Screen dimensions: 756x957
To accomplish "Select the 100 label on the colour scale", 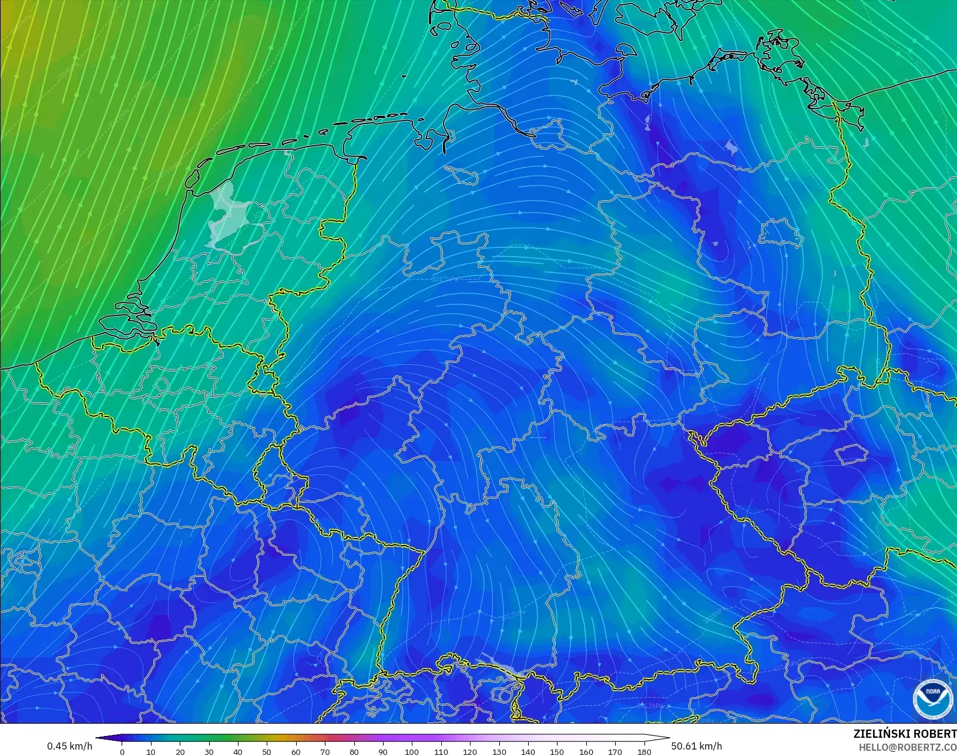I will pos(412,752).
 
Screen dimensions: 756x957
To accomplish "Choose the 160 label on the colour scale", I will pos(586,752).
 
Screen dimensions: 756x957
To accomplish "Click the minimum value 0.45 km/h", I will pos(69,746).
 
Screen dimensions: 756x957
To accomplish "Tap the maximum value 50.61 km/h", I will pos(697,746).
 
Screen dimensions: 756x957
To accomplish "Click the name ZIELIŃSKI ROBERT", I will pos(905,734).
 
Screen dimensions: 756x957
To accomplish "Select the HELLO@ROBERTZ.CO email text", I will pos(907,747).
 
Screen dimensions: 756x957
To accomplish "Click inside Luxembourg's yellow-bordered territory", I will pos(267,470).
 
